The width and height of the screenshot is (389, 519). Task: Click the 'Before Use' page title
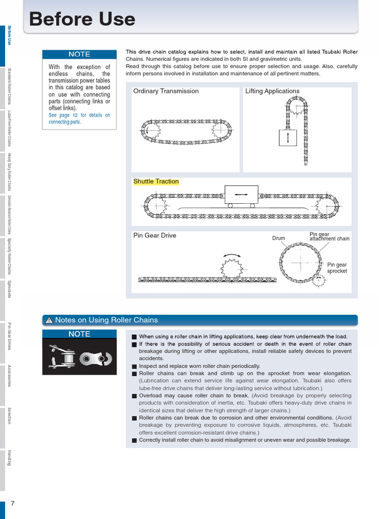click(x=82, y=19)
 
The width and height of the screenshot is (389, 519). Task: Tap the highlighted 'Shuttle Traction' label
click(x=156, y=181)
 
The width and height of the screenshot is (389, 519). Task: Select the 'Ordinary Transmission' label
click(x=166, y=91)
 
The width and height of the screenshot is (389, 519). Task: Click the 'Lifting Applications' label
click(x=272, y=91)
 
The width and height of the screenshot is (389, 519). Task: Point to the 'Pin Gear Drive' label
click(x=154, y=236)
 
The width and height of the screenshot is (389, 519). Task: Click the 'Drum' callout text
click(x=279, y=238)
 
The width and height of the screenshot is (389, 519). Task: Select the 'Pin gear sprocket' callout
click(x=337, y=268)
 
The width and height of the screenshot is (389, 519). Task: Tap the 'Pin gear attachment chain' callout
click(x=329, y=236)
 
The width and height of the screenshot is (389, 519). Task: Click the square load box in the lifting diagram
click(x=288, y=138)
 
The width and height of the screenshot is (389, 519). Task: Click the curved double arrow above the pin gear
click(x=231, y=256)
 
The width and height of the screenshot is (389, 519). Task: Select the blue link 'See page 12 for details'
click(x=79, y=119)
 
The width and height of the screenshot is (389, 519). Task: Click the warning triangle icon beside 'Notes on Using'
click(x=49, y=320)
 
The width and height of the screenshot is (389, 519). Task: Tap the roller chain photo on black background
click(x=79, y=357)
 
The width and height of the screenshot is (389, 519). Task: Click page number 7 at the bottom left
click(x=13, y=503)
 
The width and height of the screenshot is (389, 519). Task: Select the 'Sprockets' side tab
click(x=9, y=289)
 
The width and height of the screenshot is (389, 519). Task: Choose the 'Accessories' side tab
click(x=9, y=375)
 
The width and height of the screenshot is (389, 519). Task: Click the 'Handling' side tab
click(x=9, y=457)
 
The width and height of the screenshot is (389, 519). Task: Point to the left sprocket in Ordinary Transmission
click(x=152, y=132)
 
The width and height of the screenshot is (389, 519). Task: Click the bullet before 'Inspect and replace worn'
click(x=134, y=366)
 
